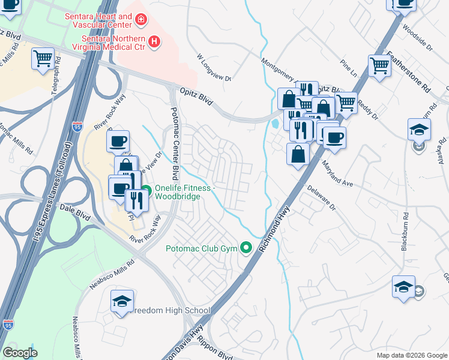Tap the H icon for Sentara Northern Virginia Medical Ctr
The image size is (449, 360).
tap(154, 41)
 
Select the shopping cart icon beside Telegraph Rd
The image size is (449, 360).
tap(43, 59)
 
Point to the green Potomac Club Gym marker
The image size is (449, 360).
tap(246, 247)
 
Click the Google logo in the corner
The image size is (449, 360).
tap(20, 352)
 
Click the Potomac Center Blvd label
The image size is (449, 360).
tap(175, 144)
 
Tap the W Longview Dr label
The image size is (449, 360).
tap(214, 67)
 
